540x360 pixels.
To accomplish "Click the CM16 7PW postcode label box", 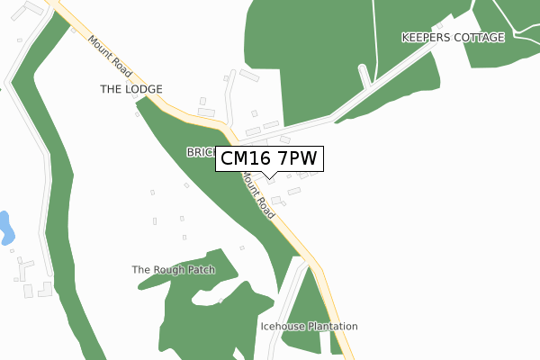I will [269, 159].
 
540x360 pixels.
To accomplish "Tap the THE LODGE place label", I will [130, 89].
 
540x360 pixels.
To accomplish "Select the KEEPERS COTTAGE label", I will [454, 37].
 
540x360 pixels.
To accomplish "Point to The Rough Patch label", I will [174, 269].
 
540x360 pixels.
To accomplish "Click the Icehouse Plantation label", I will [309, 326].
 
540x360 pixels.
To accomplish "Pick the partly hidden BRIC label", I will [200, 152].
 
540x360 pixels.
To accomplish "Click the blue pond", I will [4, 228].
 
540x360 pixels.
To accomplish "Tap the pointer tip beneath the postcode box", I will [269, 177].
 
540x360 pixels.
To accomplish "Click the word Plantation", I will [332, 326].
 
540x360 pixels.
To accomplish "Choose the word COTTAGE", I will [481, 37].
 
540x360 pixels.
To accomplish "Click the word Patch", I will [202, 269].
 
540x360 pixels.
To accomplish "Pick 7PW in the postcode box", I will [295, 159].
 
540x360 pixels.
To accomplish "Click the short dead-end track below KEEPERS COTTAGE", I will [365, 75].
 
